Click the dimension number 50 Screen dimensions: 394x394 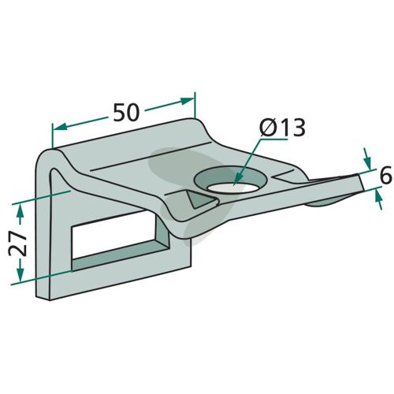coord(126,113)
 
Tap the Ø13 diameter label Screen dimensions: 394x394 coord(282,128)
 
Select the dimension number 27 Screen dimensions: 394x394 coord(17,244)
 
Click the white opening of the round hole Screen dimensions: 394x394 coord(232,188)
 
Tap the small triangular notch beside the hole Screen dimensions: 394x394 coord(201,200)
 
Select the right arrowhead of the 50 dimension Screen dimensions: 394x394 coord(188,101)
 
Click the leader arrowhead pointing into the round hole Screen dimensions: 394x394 coord(236,178)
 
